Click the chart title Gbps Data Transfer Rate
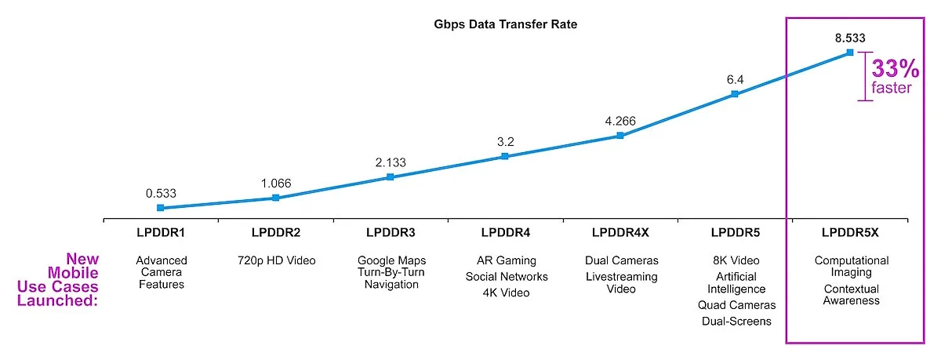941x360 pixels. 506,24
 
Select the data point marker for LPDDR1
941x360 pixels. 160,208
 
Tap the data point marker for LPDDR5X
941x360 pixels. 850,53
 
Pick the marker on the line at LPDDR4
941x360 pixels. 505,156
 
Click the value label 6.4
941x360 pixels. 735,79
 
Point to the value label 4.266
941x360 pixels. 619,121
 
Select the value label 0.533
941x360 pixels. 160,193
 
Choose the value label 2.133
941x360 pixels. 390,162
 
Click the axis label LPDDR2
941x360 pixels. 275,232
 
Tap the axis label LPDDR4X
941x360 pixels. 619,232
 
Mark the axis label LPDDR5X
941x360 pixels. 850,232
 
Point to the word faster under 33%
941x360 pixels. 892,88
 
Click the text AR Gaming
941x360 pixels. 505,260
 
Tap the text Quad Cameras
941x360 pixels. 735,305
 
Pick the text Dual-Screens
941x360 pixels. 735,321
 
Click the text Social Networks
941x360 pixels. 505,276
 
